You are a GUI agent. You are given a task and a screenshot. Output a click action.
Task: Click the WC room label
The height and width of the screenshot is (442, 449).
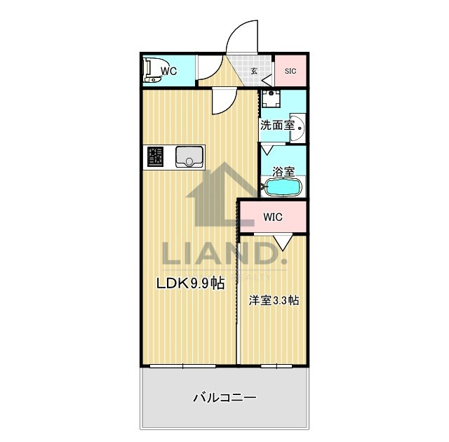click(x=169, y=71)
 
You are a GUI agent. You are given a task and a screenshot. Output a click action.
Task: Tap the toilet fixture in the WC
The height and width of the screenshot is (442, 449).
click(x=153, y=70)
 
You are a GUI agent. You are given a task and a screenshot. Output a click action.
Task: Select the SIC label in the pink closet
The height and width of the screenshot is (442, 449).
click(x=290, y=71)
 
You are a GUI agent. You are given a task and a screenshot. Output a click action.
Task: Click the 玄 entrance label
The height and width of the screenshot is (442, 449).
click(x=254, y=71)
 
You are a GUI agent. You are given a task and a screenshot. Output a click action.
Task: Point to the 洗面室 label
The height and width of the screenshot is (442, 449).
click(x=277, y=125)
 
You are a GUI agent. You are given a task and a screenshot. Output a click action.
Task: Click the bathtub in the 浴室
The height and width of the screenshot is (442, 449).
click(x=283, y=187)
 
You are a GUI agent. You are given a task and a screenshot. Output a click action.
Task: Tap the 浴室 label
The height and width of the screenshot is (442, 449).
click(x=283, y=172)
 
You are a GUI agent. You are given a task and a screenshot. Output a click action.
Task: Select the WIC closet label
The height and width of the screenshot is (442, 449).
click(x=273, y=217)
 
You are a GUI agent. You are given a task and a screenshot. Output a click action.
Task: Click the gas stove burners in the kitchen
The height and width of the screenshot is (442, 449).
click(x=155, y=156)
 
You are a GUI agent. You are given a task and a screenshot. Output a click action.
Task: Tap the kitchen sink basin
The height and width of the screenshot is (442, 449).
click(x=189, y=156)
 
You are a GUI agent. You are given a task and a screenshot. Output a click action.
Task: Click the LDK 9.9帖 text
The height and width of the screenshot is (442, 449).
click(x=190, y=283)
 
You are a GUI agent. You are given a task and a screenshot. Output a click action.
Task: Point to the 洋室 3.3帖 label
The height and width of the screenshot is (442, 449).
click(x=274, y=300)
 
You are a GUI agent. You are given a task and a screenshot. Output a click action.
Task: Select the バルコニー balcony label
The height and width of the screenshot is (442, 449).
click(x=224, y=398)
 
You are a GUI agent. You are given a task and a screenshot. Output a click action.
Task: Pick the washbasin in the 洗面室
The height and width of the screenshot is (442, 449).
click(x=297, y=128)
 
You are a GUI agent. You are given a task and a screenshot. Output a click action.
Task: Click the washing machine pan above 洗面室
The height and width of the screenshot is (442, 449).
click(x=271, y=98)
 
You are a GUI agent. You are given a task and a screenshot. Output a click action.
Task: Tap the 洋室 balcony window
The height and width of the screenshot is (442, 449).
click(x=276, y=366)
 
